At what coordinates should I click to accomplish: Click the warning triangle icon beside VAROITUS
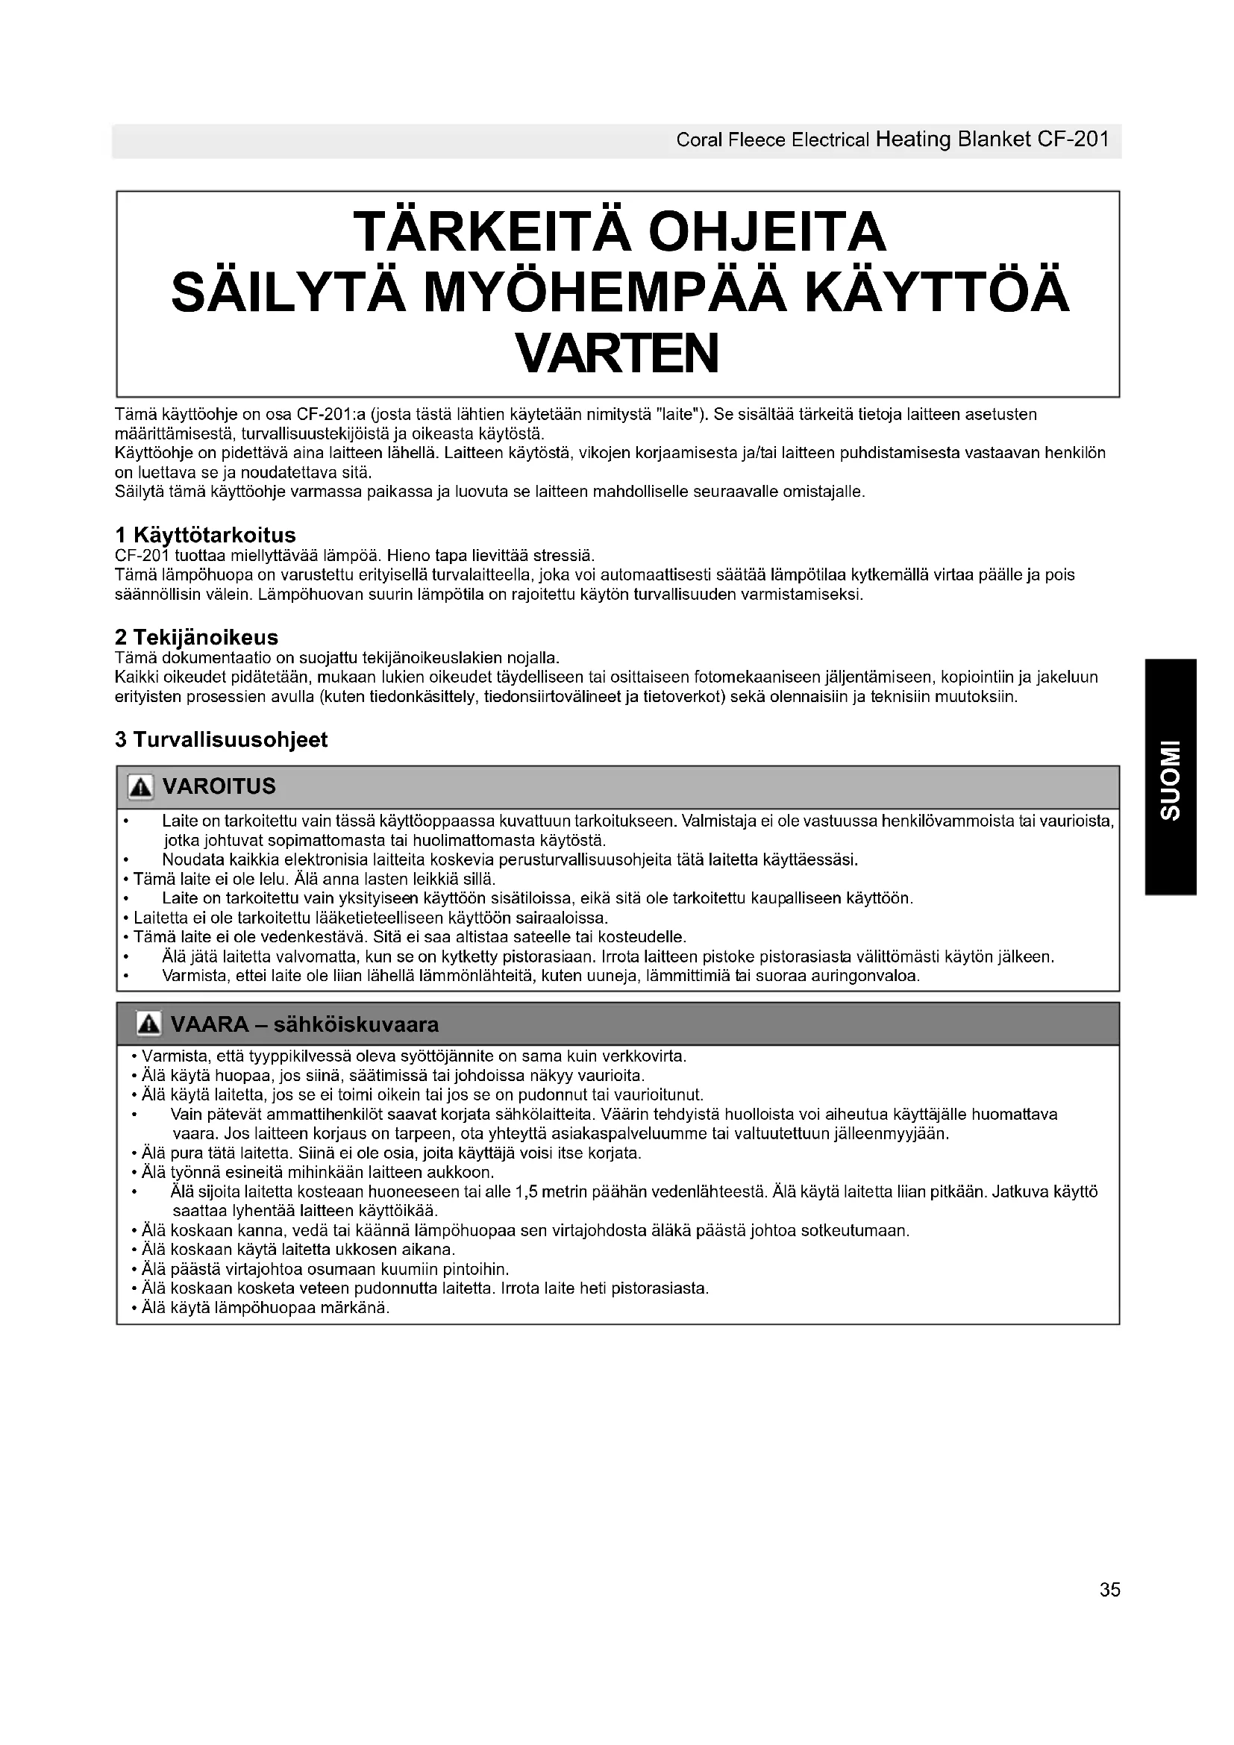tap(140, 787)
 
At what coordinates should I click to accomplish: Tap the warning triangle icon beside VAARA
tap(149, 1024)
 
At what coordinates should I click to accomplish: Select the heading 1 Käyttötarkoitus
tap(205, 535)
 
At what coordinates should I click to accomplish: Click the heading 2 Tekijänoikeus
tap(197, 637)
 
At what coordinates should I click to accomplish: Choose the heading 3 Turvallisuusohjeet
tap(221, 739)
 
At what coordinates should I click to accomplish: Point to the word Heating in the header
tap(913, 140)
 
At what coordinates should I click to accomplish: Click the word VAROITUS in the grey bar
tap(219, 786)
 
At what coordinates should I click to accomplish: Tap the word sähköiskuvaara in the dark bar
tap(357, 1024)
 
